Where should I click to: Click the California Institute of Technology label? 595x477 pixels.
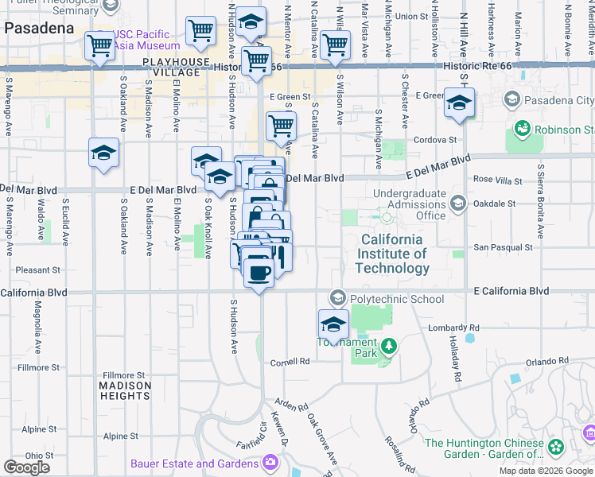(395, 254)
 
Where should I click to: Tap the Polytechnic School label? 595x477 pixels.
(396, 299)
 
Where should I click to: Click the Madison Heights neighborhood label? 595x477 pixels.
(124, 390)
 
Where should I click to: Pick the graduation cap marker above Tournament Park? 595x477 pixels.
(333, 324)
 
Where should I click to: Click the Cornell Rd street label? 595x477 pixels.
(289, 361)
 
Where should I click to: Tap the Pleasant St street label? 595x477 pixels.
(38, 270)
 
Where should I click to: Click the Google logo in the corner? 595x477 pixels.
(26, 467)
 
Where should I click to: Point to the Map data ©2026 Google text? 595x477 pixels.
(546, 471)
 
